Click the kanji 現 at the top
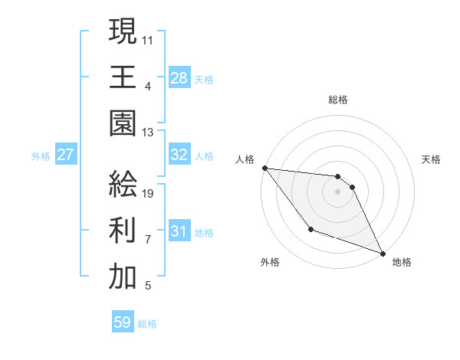click(123, 32)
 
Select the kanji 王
click(123, 78)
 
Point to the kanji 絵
click(123, 185)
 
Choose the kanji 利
click(123, 231)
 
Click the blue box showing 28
click(179, 78)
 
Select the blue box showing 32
click(179, 155)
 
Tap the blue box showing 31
click(179, 231)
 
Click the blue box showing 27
click(66, 155)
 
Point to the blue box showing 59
click(123, 322)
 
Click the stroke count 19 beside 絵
click(149, 194)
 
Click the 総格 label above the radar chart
click(338, 100)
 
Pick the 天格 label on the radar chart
click(432, 159)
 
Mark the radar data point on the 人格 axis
click(264, 168)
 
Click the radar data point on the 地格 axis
click(383, 253)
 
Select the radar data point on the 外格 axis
click(310, 229)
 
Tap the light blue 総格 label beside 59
click(147, 324)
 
